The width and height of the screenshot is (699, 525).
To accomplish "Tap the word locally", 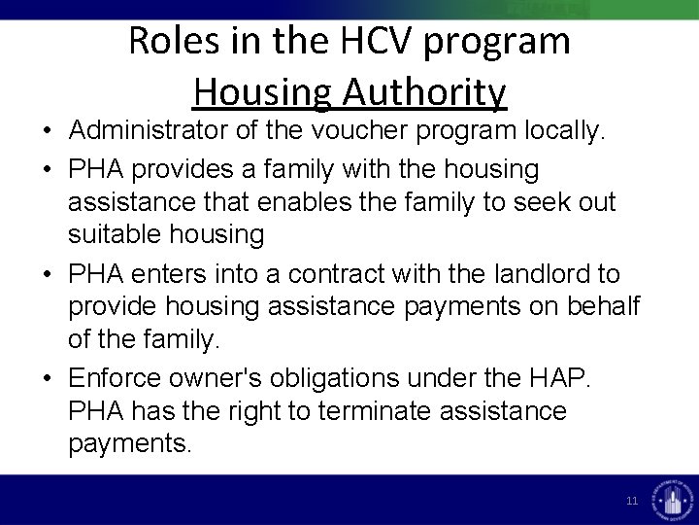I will point(559,133).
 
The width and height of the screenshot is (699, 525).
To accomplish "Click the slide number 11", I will point(632,501).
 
